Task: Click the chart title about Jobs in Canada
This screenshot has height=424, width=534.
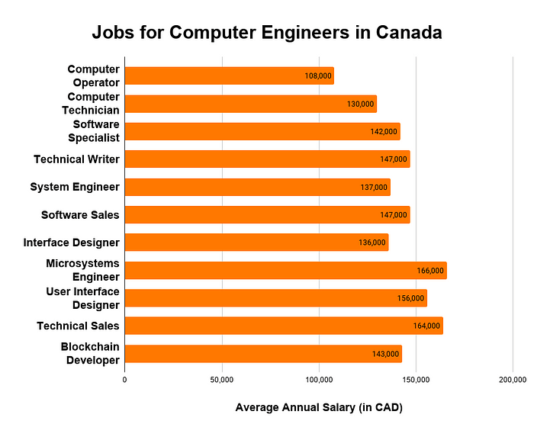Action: [x=267, y=34]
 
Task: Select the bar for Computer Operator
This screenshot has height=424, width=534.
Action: [x=229, y=76]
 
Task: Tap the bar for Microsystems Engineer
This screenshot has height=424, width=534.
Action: [x=285, y=271]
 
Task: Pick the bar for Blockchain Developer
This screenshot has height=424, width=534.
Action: [x=262, y=354]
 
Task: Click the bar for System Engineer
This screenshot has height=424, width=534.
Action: [x=257, y=188]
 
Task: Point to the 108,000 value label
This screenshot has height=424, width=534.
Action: [x=318, y=76]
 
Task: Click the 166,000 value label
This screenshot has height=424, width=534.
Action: [x=430, y=271]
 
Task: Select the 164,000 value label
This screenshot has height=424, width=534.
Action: [x=426, y=326]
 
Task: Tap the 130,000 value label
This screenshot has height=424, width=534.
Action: [x=361, y=104]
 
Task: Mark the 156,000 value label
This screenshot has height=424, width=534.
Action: [x=411, y=298]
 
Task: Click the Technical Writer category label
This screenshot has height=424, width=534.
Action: [x=76, y=159]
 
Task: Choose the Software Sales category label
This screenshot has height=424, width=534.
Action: [x=80, y=215]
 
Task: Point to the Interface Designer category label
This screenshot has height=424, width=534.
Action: [x=71, y=243]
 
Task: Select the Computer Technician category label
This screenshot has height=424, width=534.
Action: [x=93, y=103]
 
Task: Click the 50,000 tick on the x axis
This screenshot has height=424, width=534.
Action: [x=221, y=379]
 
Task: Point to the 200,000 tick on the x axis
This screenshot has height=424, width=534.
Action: [x=512, y=379]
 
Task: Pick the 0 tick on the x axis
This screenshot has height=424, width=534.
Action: [x=125, y=379]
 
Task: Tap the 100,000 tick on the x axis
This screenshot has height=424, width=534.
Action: [x=318, y=379]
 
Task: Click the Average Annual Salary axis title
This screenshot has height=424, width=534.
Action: [x=318, y=407]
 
